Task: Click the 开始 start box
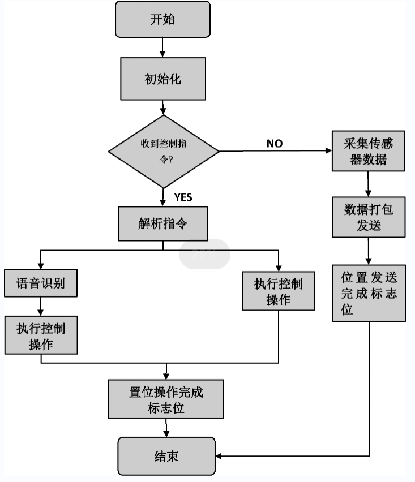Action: [x=162, y=20]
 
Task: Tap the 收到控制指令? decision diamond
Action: [x=164, y=152]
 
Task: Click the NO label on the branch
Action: [x=275, y=144]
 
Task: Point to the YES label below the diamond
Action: [x=183, y=197]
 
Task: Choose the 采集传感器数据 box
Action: [x=369, y=152]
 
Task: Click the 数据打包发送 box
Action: [x=369, y=217]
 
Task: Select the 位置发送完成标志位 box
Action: [x=369, y=293]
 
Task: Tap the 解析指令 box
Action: [x=163, y=223]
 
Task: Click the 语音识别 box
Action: [x=41, y=283]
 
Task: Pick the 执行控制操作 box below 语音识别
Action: [x=41, y=335]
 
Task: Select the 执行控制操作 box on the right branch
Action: [x=278, y=291]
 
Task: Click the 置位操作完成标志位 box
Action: [x=166, y=399]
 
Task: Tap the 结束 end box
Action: [x=166, y=456]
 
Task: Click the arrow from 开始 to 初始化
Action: [x=162, y=47]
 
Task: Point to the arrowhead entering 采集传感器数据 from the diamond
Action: [x=328, y=151]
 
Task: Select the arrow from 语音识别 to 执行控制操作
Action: [x=41, y=306]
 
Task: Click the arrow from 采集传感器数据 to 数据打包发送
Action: [x=369, y=184]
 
